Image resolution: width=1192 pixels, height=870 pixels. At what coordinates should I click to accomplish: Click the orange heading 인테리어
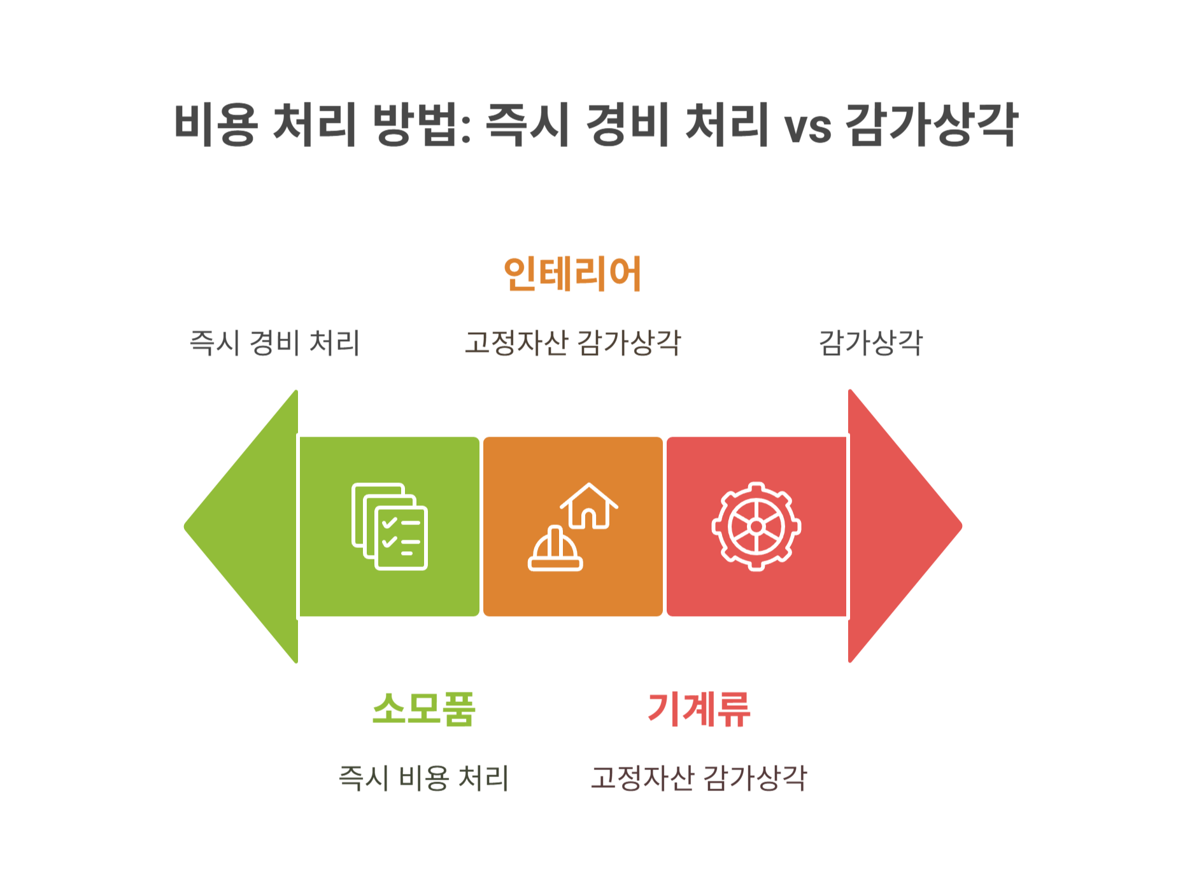point(572,274)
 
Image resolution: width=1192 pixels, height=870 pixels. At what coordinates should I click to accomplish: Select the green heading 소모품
point(423,709)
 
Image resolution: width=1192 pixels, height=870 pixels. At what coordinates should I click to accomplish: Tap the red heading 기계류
point(699,709)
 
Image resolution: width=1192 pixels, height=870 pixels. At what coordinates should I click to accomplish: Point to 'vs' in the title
point(807,127)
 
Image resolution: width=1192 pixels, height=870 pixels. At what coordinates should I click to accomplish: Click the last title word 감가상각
point(931,124)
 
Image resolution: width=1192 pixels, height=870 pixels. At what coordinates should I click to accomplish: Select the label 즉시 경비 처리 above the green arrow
point(275,342)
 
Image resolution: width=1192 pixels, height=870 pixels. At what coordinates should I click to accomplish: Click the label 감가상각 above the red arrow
point(870,342)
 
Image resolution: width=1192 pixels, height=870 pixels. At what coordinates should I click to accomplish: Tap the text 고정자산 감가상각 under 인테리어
point(572,342)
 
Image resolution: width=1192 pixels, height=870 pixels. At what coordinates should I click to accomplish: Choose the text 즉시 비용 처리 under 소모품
point(423,778)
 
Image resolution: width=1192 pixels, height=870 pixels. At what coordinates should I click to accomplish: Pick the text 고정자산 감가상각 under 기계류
point(699,778)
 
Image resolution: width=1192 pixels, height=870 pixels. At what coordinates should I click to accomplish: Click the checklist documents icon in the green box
point(390,526)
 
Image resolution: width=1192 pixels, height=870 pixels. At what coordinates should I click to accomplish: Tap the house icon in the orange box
point(589,506)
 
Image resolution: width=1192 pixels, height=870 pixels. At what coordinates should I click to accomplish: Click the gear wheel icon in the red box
point(756,526)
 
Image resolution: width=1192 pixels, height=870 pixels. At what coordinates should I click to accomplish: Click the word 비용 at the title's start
point(215,124)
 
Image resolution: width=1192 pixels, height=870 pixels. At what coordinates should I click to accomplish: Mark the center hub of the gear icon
point(756,526)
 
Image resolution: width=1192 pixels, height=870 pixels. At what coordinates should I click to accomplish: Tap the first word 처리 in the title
point(314,124)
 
